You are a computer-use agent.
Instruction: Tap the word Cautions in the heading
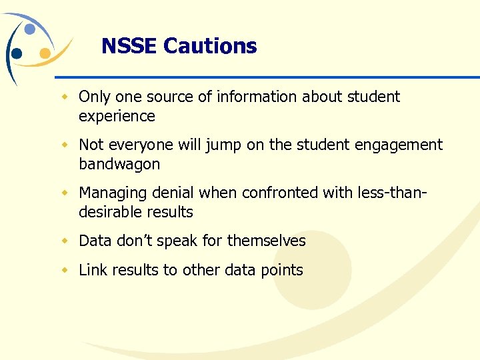click(210, 46)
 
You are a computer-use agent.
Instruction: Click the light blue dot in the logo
click(30, 29)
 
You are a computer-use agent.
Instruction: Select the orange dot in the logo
click(45, 53)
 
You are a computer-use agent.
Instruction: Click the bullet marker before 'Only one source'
click(65, 97)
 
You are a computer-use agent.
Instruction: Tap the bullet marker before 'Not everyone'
click(65, 145)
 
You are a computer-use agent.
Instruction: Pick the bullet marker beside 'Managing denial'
click(65, 193)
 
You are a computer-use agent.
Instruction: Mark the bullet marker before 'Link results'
click(65, 270)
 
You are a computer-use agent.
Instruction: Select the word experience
click(117, 117)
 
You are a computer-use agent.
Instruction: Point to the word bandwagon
click(119, 165)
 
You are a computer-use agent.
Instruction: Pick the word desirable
click(111, 213)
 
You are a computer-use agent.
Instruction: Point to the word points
click(281, 271)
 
